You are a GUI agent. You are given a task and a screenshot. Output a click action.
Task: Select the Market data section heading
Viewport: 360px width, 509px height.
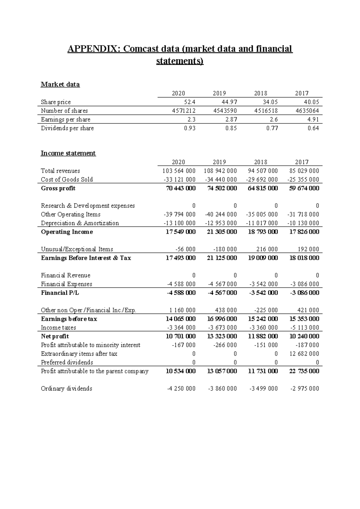tap(60, 85)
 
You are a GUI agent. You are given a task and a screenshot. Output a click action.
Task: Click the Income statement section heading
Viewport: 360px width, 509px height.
tap(68, 153)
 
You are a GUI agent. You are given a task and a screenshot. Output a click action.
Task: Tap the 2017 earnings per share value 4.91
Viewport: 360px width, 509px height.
tap(313, 119)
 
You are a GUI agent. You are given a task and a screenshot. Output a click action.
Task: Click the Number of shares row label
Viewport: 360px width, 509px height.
tap(64, 111)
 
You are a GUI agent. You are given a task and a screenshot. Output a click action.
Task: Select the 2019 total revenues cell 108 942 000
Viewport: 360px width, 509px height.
tap(220, 171)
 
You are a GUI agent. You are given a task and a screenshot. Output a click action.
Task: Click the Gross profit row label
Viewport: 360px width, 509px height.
tap(58, 188)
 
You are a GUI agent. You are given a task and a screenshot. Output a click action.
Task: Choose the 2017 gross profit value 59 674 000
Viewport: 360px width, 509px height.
tap(303, 188)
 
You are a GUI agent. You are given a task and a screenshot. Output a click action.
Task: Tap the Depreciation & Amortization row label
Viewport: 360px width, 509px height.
tap(80, 223)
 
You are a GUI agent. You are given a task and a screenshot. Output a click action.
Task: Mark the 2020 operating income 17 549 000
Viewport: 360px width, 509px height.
tap(180, 232)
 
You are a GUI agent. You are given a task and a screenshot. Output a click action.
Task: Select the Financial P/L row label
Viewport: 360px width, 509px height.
tap(60, 293)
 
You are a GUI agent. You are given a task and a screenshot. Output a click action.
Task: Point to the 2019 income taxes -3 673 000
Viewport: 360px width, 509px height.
tap(222, 328)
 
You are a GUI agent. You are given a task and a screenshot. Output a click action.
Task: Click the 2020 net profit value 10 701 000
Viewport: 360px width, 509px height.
tap(180, 336)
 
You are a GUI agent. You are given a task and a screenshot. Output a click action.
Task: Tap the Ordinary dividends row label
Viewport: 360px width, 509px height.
tap(66, 389)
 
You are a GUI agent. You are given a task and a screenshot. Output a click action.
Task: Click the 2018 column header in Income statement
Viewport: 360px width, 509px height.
tap(260, 162)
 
